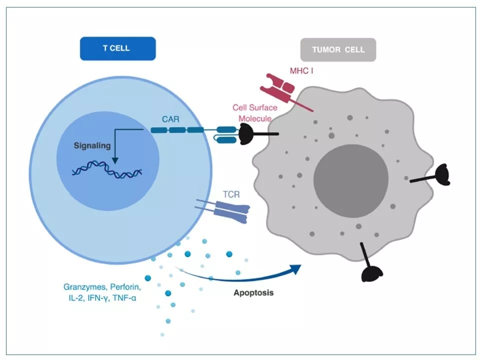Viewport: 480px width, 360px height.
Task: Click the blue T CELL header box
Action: (117, 49)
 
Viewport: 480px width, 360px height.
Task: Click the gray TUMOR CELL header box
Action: (338, 49)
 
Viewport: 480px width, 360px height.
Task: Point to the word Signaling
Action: (91, 146)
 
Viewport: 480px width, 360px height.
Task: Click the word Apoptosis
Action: (253, 292)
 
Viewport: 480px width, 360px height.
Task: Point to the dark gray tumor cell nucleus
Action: (350, 179)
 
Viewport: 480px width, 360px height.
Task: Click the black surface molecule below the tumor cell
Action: (372, 271)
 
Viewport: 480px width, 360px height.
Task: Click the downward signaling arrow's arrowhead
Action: (115, 160)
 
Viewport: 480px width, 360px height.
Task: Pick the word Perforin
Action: (124, 287)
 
